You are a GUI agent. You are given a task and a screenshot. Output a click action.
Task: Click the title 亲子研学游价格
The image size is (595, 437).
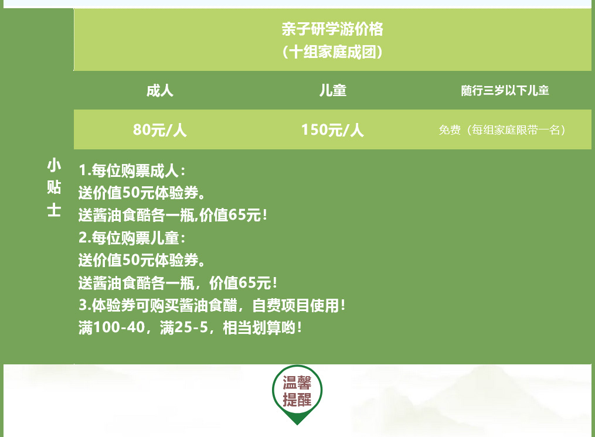click(x=332, y=29)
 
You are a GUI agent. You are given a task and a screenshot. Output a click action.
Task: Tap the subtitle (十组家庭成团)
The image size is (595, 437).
click(x=332, y=52)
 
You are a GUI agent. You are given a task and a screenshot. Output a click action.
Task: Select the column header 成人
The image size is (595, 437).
click(x=160, y=91)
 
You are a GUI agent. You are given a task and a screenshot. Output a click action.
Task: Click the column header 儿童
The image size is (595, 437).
click(x=333, y=91)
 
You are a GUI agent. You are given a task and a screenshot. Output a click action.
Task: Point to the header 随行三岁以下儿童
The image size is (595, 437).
click(x=505, y=91)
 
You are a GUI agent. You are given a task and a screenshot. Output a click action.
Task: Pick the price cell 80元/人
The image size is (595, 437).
click(x=160, y=130)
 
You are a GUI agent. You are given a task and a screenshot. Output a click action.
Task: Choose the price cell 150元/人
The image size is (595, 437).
click(x=332, y=130)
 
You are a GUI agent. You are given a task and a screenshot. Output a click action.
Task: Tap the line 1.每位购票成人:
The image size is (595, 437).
click(x=132, y=170)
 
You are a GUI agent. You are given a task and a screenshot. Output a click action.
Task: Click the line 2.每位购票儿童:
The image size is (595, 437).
click(x=132, y=238)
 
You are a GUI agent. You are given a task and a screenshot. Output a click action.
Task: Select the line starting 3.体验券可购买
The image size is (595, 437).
click(x=212, y=305)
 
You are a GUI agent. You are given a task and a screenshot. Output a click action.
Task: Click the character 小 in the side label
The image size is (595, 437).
click(x=54, y=165)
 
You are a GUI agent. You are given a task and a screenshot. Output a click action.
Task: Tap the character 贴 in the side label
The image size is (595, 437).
click(x=54, y=187)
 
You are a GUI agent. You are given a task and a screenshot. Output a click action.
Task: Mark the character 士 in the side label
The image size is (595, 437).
click(x=54, y=210)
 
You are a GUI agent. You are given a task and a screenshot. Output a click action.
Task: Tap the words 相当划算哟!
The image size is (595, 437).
click(x=262, y=327)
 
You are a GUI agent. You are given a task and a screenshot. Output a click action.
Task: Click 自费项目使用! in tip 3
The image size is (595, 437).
click(x=298, y=305)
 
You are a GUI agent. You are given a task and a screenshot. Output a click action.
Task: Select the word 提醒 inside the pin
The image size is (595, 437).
click(x=297, y=400)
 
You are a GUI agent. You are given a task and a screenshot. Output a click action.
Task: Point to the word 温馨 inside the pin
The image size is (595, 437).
click(x=297, y=383)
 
